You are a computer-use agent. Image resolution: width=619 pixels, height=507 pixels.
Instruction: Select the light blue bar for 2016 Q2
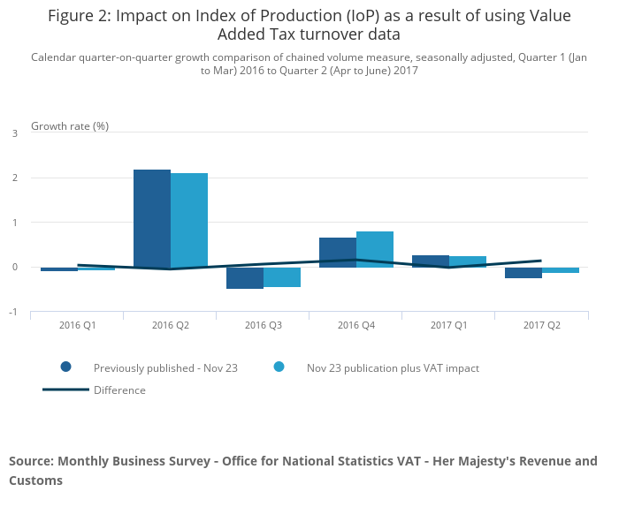189,220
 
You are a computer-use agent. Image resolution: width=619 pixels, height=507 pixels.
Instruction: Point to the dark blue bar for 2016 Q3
245,278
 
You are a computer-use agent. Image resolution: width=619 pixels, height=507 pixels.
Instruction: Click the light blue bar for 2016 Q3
282,277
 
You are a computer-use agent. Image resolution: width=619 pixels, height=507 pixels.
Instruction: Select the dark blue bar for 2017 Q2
523,273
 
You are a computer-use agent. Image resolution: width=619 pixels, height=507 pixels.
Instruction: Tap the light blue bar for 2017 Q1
468,261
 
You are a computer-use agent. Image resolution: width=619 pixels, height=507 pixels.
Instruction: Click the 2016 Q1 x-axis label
78,325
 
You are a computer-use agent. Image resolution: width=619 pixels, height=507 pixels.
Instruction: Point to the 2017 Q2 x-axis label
542,325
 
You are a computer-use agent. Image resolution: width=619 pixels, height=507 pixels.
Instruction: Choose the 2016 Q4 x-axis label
356,325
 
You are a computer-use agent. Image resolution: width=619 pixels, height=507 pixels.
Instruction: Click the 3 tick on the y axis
14,133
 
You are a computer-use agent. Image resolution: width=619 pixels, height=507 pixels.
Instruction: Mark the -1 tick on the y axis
12,313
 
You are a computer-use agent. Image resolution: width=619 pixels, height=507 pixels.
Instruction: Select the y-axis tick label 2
14,178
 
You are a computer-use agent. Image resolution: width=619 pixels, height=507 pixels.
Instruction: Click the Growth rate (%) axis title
70,125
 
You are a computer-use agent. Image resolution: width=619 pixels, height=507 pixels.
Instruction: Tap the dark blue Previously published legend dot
65,367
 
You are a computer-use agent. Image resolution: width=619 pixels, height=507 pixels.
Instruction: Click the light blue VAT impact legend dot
279,367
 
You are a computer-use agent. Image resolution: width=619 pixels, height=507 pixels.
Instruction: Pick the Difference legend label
119,390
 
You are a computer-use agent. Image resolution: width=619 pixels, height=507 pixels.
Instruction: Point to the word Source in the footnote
30,461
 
